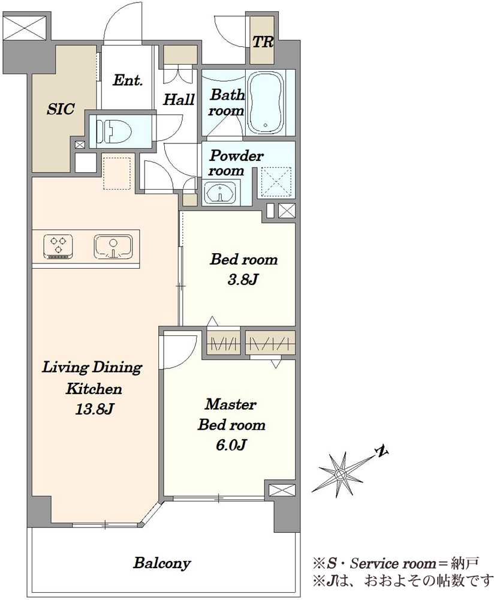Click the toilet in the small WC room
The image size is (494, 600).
pos(113,131)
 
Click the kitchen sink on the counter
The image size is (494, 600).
pos(113,246)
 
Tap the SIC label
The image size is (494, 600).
pos(61,109)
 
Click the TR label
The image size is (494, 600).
pos(263,42)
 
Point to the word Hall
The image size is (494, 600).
pos(179,100)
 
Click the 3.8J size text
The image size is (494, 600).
pos(243,280)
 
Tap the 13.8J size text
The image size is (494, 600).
pos(94,410)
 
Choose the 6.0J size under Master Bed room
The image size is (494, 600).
pos(231,445)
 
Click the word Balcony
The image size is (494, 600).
pos(162,563)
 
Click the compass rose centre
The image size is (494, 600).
pos(339,475)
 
